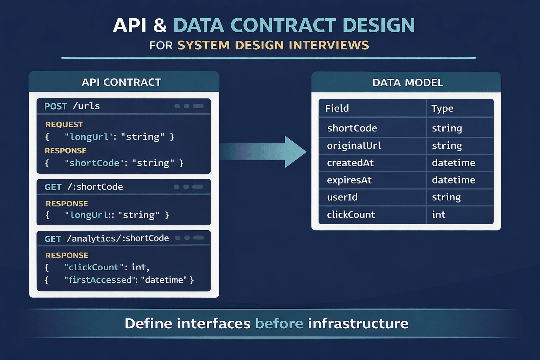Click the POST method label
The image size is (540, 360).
click(x=56, y=106)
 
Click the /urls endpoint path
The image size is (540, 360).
click(x=86, y=106)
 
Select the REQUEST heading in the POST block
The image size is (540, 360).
click(x=64, y=124)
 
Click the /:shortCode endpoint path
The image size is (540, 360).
click(x=95, y=187)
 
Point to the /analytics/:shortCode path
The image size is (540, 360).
click(x=118, y=238)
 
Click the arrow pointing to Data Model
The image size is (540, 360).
click(x=267, y=152)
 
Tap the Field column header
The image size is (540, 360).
click(x=337, y=108)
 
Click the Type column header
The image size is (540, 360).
click(x=442, y=109)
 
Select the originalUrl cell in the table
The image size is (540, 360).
click(x=354, y=146)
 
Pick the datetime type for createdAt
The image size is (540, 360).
click(x=453, y=163)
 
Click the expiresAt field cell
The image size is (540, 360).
click(x=349, y=180)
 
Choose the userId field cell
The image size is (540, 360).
click(x=342, y=197)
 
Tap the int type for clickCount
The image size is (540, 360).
click(x=438, y=214)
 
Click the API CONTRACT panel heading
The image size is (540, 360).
click(x=121, y=82)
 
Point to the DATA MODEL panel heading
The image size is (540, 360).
click(x=407, y=83)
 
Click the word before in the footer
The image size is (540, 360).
click(x=279, y=323)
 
